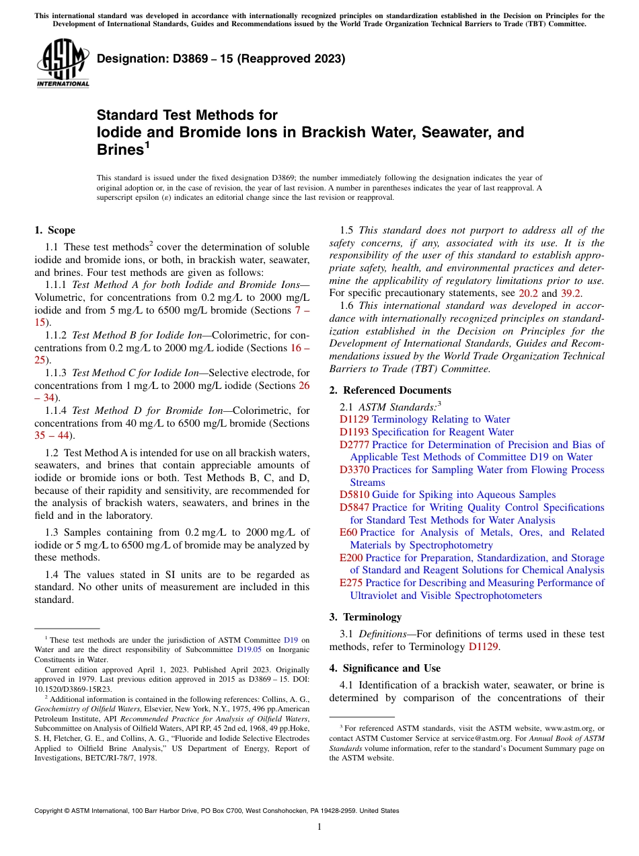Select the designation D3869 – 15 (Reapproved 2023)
(221, 59)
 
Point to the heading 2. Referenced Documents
(390, 390)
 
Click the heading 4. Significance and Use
(385, 668)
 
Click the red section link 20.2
(529, 293)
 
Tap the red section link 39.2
(570, 293)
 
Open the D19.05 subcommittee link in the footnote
(249, 650)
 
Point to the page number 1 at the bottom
(319, 827)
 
